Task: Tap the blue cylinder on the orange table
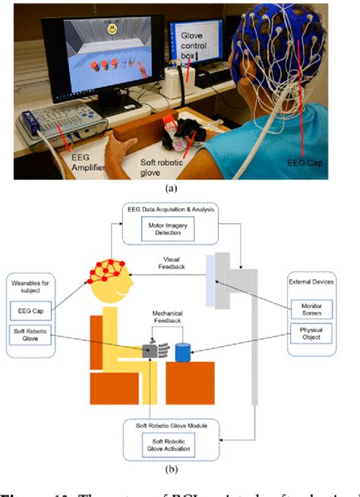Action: [182, 353]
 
